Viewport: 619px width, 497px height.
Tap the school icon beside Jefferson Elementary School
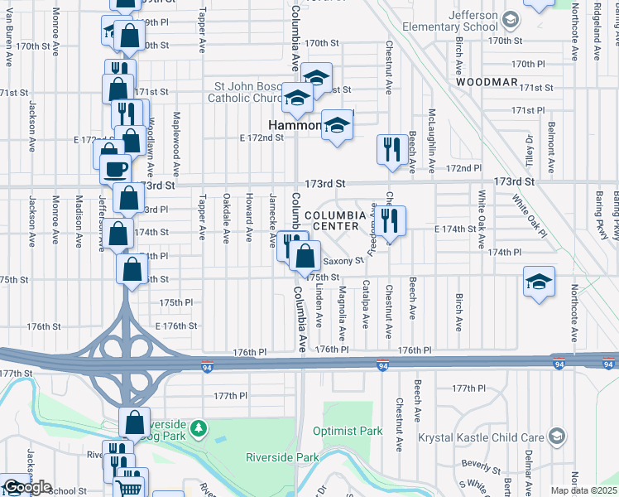tap(511, 19)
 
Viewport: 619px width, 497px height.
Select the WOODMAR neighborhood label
tap(486, 83)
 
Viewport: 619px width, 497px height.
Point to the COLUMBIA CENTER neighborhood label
tap(334, 221)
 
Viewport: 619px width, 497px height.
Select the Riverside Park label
tap(282, 457)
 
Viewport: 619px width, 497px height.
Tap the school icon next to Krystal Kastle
tap(558, 436)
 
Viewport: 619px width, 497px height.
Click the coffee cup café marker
tap(115, 169)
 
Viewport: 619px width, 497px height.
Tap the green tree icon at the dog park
tap(198, 428)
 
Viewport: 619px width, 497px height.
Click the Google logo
tap(26, 487)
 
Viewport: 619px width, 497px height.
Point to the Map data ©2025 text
tap(583, 490)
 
